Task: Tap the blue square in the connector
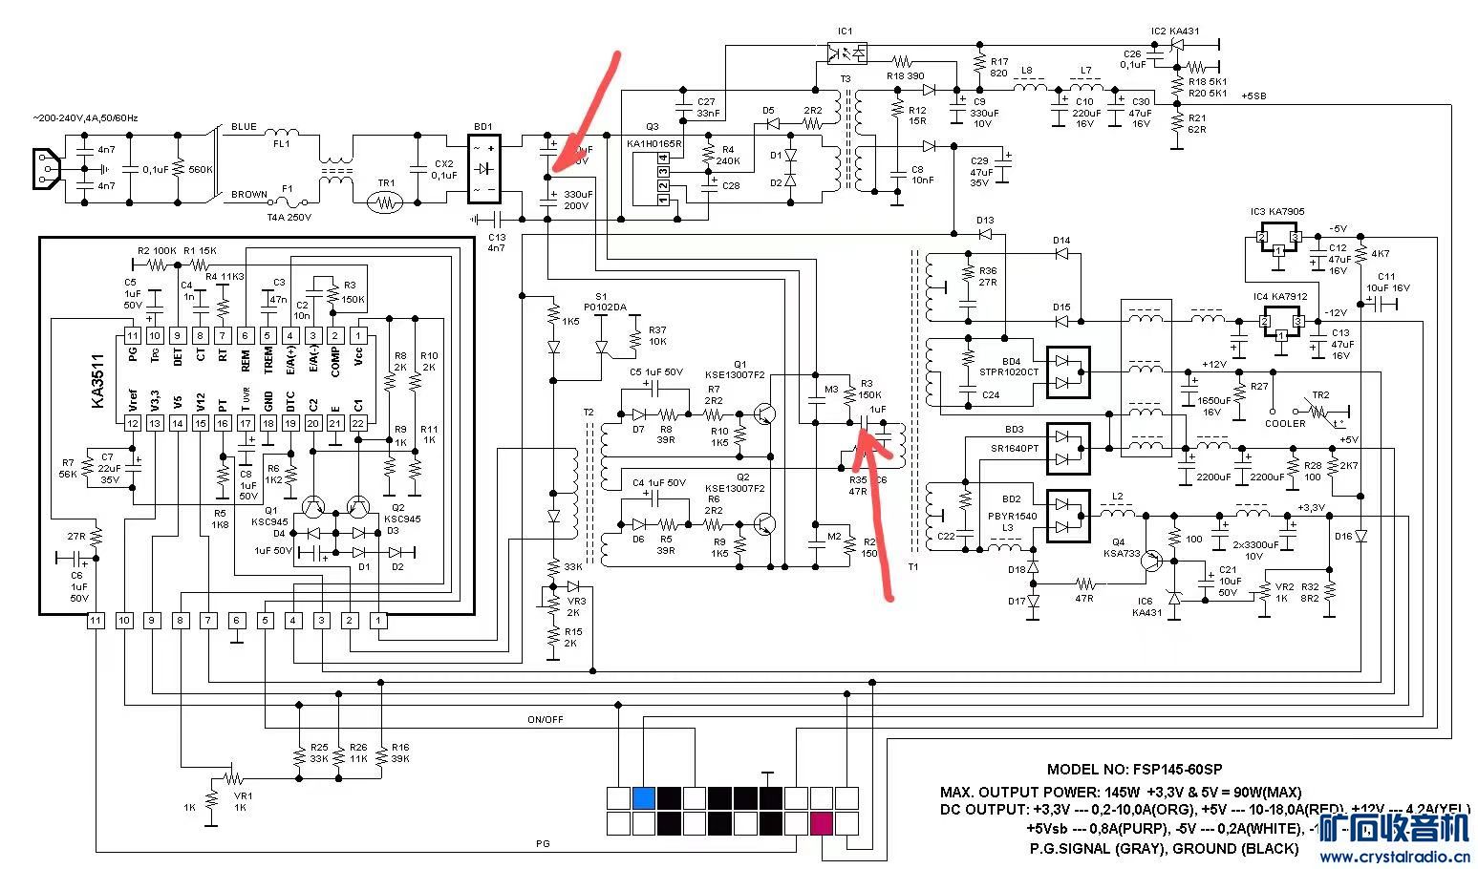644,797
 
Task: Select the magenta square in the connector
821,823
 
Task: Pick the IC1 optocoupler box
846,53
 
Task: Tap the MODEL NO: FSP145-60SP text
1134,770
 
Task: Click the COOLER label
1285,423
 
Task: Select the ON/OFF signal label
546,719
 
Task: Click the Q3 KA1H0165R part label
653,135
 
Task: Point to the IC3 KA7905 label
1277,212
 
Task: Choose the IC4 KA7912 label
1279,296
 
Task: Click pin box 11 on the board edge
96,621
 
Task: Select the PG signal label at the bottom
543,845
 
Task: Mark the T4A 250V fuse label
290,217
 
